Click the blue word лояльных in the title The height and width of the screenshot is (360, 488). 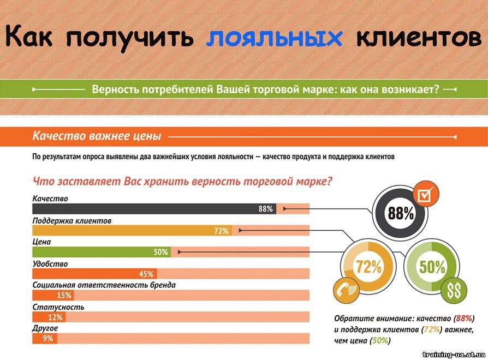click(x=275, y=38)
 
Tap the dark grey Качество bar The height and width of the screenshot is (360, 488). click(x=154, y=208)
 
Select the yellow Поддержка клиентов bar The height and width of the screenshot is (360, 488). click(x=132, y=230)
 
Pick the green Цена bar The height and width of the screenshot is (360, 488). click(x=102, y=252)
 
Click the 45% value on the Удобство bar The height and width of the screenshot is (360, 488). click(x=146, y=274)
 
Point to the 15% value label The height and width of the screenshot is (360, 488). click(x=64, y=295)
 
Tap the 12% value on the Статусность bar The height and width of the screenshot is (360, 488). click(x=55, y=317)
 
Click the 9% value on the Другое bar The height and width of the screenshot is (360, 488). click(x=48, y=338)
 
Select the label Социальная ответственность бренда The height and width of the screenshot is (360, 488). click(x=104, y=285)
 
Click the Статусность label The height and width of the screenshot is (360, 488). click(x=58, y=307)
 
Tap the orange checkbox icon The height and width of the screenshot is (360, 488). click(x=425, y=194)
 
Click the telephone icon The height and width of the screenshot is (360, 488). click(x=346, y=290)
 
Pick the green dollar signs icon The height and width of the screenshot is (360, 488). click(x=454, y=291)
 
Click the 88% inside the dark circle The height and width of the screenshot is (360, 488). click(x=401, y=214)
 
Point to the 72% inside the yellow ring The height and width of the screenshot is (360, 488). click(x=368, y=266)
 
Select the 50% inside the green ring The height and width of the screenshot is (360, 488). click(x=432, y=267)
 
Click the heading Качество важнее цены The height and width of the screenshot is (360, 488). click(x=97, y=136)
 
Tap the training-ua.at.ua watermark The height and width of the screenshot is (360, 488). click(x=454, y=355)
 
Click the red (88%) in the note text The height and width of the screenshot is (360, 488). click(x=464, y=319)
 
